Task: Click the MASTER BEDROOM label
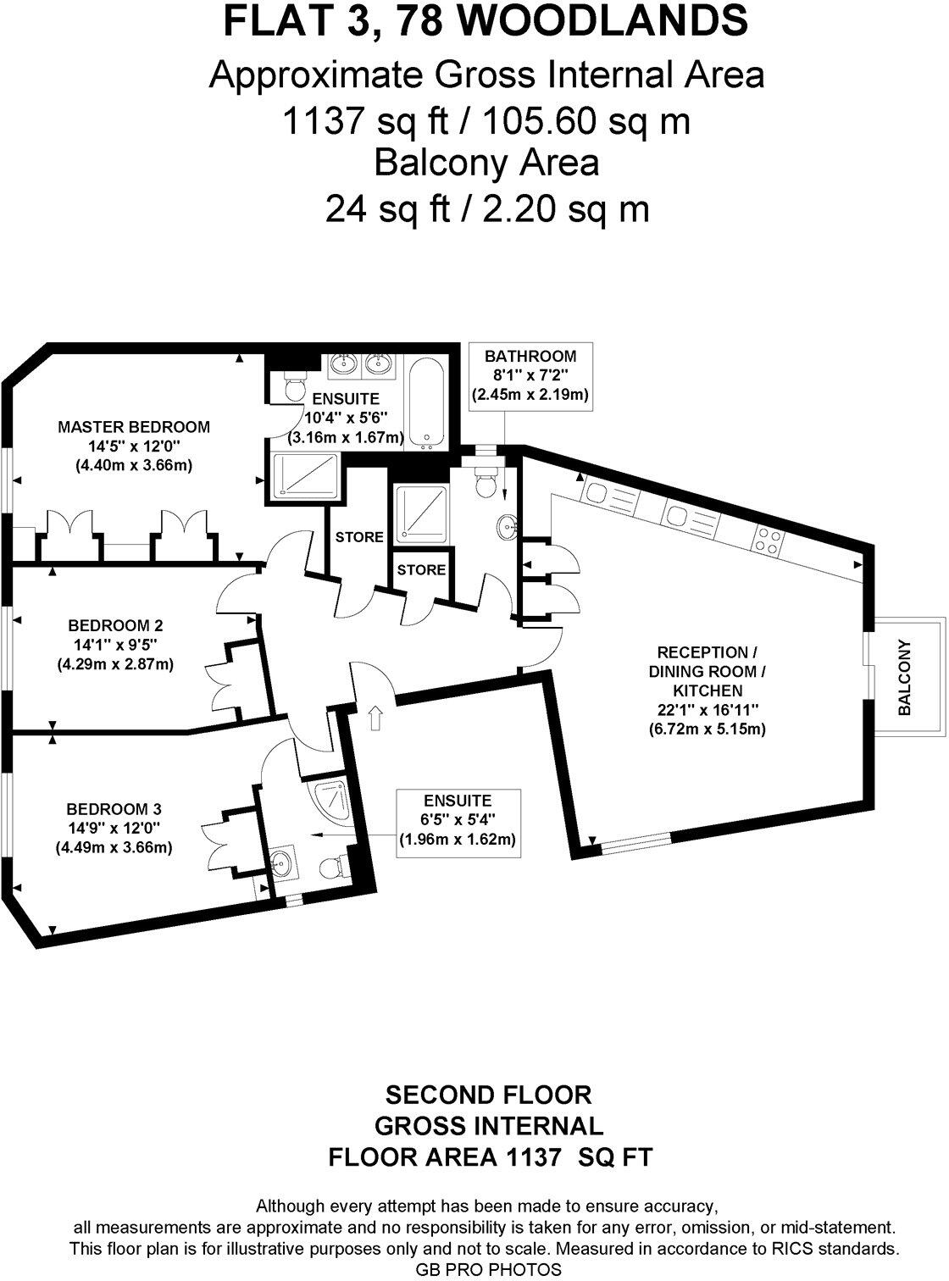(x=133, y=427)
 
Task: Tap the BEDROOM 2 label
(x=115, y=626)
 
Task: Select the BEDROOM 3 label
(x=114, y=809)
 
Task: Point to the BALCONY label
(x=904, y=678)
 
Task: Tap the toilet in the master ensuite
(x=293, y=386)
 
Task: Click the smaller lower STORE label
(x=421, y=570)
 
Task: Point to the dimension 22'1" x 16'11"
(x=708, y=710)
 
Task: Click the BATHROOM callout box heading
(x=530, y=357)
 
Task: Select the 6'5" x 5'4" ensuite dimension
(x=458, y=819)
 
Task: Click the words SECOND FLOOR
(x=489, y=1095)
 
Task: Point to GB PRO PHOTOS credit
(x=488, y=1269)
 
